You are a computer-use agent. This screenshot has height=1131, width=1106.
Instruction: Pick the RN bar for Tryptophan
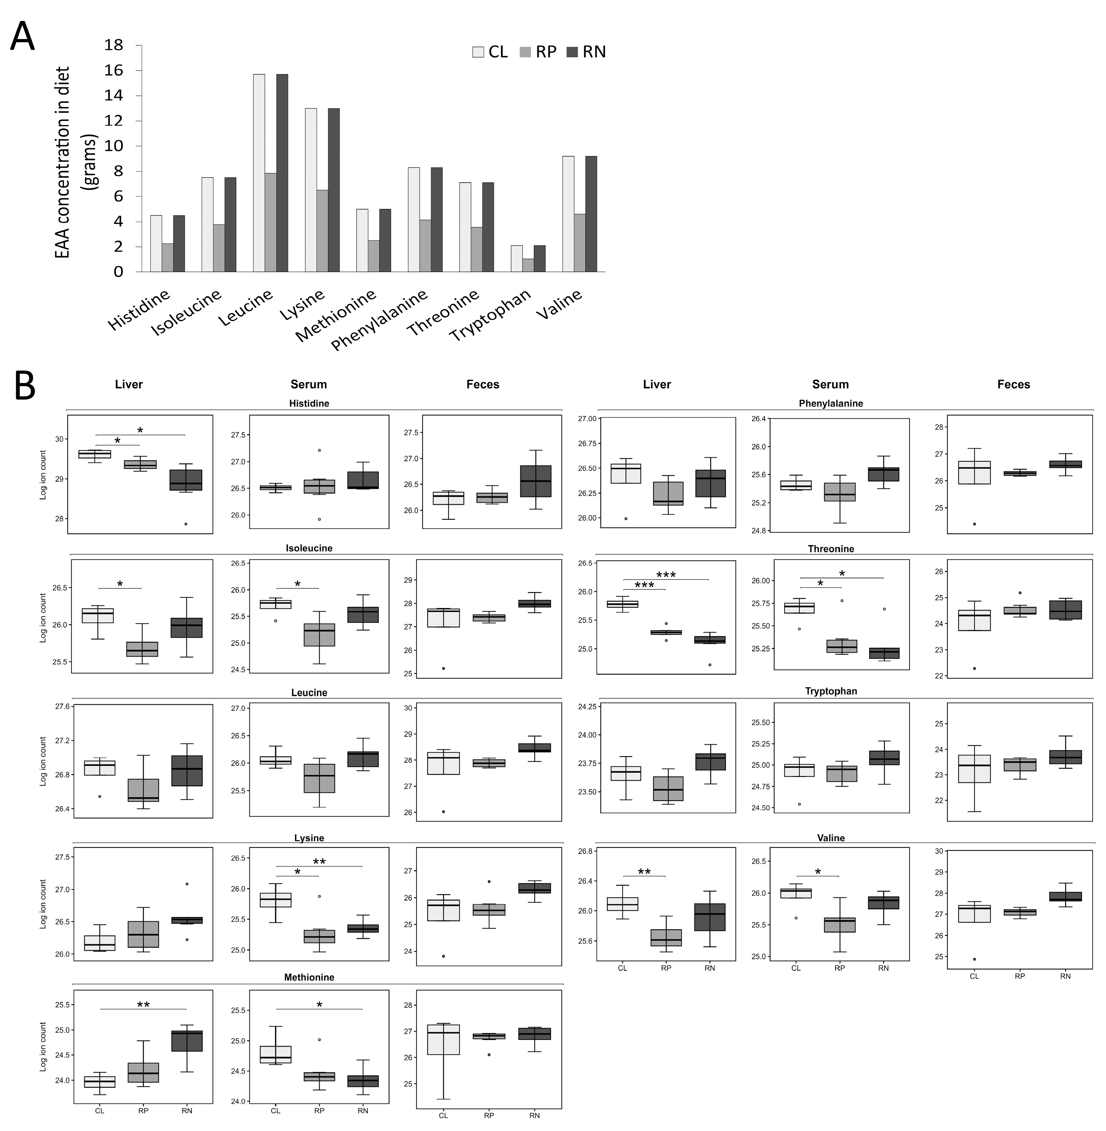[x=540, y=259]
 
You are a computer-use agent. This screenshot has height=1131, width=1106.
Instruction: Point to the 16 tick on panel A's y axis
[x=114, y=70]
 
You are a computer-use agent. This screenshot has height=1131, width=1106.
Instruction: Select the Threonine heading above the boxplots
[x=831, y=549]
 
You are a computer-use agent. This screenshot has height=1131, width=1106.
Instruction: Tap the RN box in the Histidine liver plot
[x=186, y=480]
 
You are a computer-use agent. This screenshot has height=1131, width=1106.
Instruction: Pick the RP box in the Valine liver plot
[x=666, y=938]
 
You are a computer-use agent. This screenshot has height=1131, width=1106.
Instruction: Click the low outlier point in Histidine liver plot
[x=186, y=524]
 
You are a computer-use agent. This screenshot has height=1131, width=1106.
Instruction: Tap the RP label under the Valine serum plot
[x=839, y=968]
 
